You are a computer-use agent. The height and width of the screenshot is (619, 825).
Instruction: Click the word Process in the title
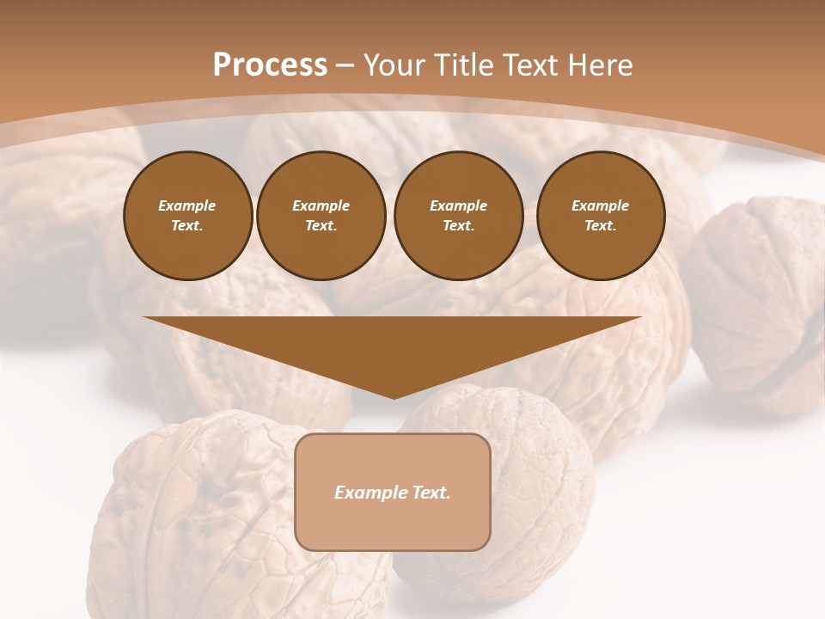pos(270,65)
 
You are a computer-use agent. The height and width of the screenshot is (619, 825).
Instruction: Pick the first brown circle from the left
pos(187,216)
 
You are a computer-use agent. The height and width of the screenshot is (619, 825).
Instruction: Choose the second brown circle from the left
pos(321,216)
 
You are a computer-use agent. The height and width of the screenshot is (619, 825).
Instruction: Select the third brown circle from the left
pos(458,216)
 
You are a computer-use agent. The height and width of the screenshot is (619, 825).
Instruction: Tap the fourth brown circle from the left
pos(601,216)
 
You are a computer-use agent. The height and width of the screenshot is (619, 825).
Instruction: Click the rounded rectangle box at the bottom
pos(393,492)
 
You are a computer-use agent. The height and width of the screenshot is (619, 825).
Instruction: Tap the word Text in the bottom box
pos(430,493)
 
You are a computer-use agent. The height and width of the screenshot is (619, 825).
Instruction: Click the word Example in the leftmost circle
pos(187,205)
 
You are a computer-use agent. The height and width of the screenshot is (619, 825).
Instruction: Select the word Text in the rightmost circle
pos(600,226)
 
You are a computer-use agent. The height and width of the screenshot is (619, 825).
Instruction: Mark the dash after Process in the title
pos(345,65)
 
